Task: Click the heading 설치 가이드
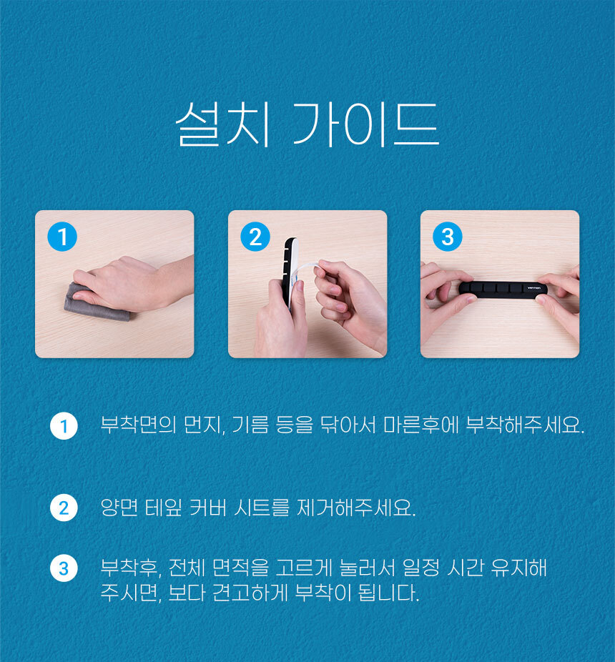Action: click(307, 124)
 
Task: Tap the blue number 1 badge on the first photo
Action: click(62, 237)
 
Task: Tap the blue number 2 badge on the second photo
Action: click(255, 237)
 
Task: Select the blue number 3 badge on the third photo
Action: click(448, 237)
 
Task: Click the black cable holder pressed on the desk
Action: click(503, 290)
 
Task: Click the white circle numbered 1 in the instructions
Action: click(64, 426)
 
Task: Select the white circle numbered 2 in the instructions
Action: click(64, 508)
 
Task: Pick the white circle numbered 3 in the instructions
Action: click(64, 568)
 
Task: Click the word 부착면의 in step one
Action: click(138, 425)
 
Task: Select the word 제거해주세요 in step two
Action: click(357, 508)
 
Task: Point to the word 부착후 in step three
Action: click(131, 568)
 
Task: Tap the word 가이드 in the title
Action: click(366, 124)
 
